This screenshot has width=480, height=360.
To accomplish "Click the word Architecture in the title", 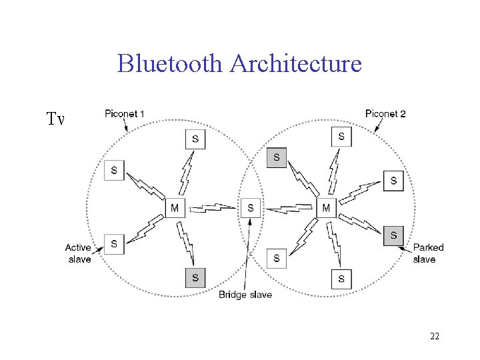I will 295,64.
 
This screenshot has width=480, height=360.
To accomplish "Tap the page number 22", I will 434,336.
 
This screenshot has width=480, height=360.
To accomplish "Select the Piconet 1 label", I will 124,114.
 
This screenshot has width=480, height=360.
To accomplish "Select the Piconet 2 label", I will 385,114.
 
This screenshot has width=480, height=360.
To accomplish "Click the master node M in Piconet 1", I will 175,208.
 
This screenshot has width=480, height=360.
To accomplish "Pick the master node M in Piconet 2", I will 326,208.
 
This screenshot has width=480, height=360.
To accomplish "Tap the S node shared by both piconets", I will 250,208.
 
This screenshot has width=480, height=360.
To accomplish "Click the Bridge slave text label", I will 245,295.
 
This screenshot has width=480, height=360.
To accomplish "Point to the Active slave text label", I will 79,253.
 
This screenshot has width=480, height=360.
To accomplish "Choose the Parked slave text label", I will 428,253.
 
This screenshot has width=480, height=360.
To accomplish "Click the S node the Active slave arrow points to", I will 114,243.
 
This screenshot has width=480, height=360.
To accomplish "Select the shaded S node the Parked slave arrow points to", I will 393,235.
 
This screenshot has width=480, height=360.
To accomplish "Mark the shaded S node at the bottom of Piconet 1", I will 195,277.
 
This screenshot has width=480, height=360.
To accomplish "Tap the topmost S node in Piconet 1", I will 195,139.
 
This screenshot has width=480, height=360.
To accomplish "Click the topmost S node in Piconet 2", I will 341,137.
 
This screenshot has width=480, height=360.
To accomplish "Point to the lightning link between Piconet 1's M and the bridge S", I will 212,209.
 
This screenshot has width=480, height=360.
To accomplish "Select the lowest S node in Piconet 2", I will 341,278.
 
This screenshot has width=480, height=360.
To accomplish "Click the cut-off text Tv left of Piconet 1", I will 55,120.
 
